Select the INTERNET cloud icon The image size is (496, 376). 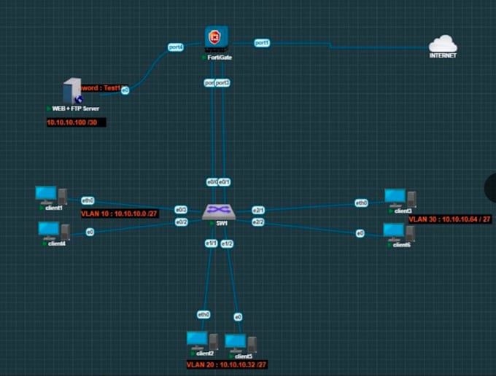[x=443, y=44]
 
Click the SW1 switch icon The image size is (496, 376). [x=217, y=211]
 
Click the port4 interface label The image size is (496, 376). [x=176, y=47]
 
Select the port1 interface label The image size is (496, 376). [x=262, y=43]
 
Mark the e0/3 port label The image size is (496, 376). [x=182, y=210]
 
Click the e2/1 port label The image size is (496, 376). [x=258, y=210]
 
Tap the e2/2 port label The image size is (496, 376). [x=258, y=222]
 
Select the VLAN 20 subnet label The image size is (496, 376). [x=226, y=364]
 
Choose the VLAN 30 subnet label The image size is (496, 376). [x=449, y=219]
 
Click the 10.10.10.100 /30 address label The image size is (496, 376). [x=75, y=122]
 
